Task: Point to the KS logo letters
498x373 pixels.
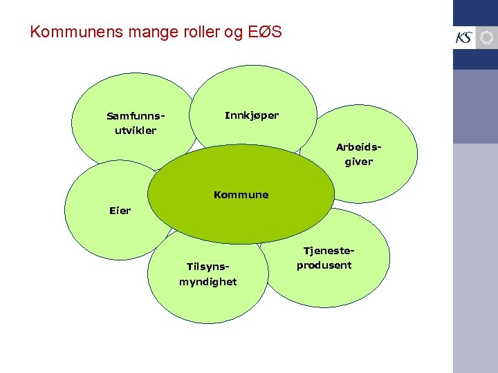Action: [x=463, y=38]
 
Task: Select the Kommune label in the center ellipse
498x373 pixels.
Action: [x=241, y=195]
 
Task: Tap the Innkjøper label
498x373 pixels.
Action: [x=252, y=115]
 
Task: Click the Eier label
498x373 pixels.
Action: [x=120, y=211]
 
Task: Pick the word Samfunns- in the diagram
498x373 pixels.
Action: [x=136, y=116]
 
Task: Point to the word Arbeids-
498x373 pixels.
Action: [x=359, y=147]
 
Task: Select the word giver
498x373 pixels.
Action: [x=359, y=162]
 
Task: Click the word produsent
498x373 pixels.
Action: [x=324, y=265]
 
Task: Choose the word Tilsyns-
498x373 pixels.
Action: [x=208, y=267]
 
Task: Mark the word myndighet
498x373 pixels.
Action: [x=208, y=282]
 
